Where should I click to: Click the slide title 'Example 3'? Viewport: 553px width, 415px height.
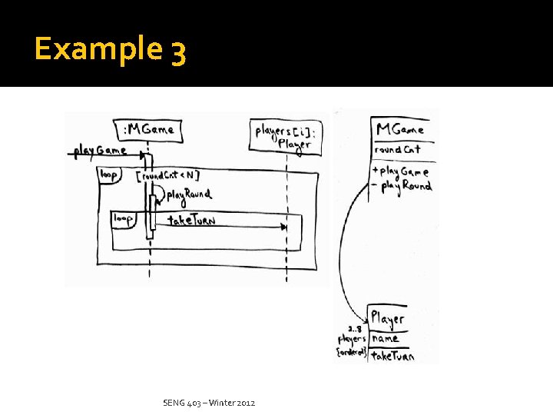click(110, 51)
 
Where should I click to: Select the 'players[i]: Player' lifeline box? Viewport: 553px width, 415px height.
click(283, 137)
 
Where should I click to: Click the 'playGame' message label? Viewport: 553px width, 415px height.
click(100, 149)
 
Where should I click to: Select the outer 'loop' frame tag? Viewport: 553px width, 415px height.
click(108, 175)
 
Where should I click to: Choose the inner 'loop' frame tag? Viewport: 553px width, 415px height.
click(123, 219)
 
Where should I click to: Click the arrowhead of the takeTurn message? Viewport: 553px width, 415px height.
click(285, 227)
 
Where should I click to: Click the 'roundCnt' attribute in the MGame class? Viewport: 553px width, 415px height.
click(397, 149)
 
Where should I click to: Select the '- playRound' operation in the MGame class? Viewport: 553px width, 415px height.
click(402, 186)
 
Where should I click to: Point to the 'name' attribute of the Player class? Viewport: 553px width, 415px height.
click(386, 337)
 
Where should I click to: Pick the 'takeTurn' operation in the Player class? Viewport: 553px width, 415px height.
click(392, 355)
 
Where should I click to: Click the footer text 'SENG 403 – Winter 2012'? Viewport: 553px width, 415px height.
click(210, 403)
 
